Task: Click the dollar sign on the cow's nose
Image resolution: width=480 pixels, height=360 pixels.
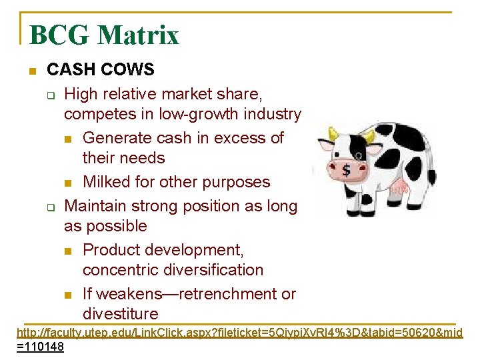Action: point(346,171)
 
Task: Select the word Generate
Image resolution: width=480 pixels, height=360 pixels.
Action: point(119,138)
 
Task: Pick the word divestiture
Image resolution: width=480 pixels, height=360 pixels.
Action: point(121,314)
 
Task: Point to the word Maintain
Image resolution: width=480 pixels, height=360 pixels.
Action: point(97,206)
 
